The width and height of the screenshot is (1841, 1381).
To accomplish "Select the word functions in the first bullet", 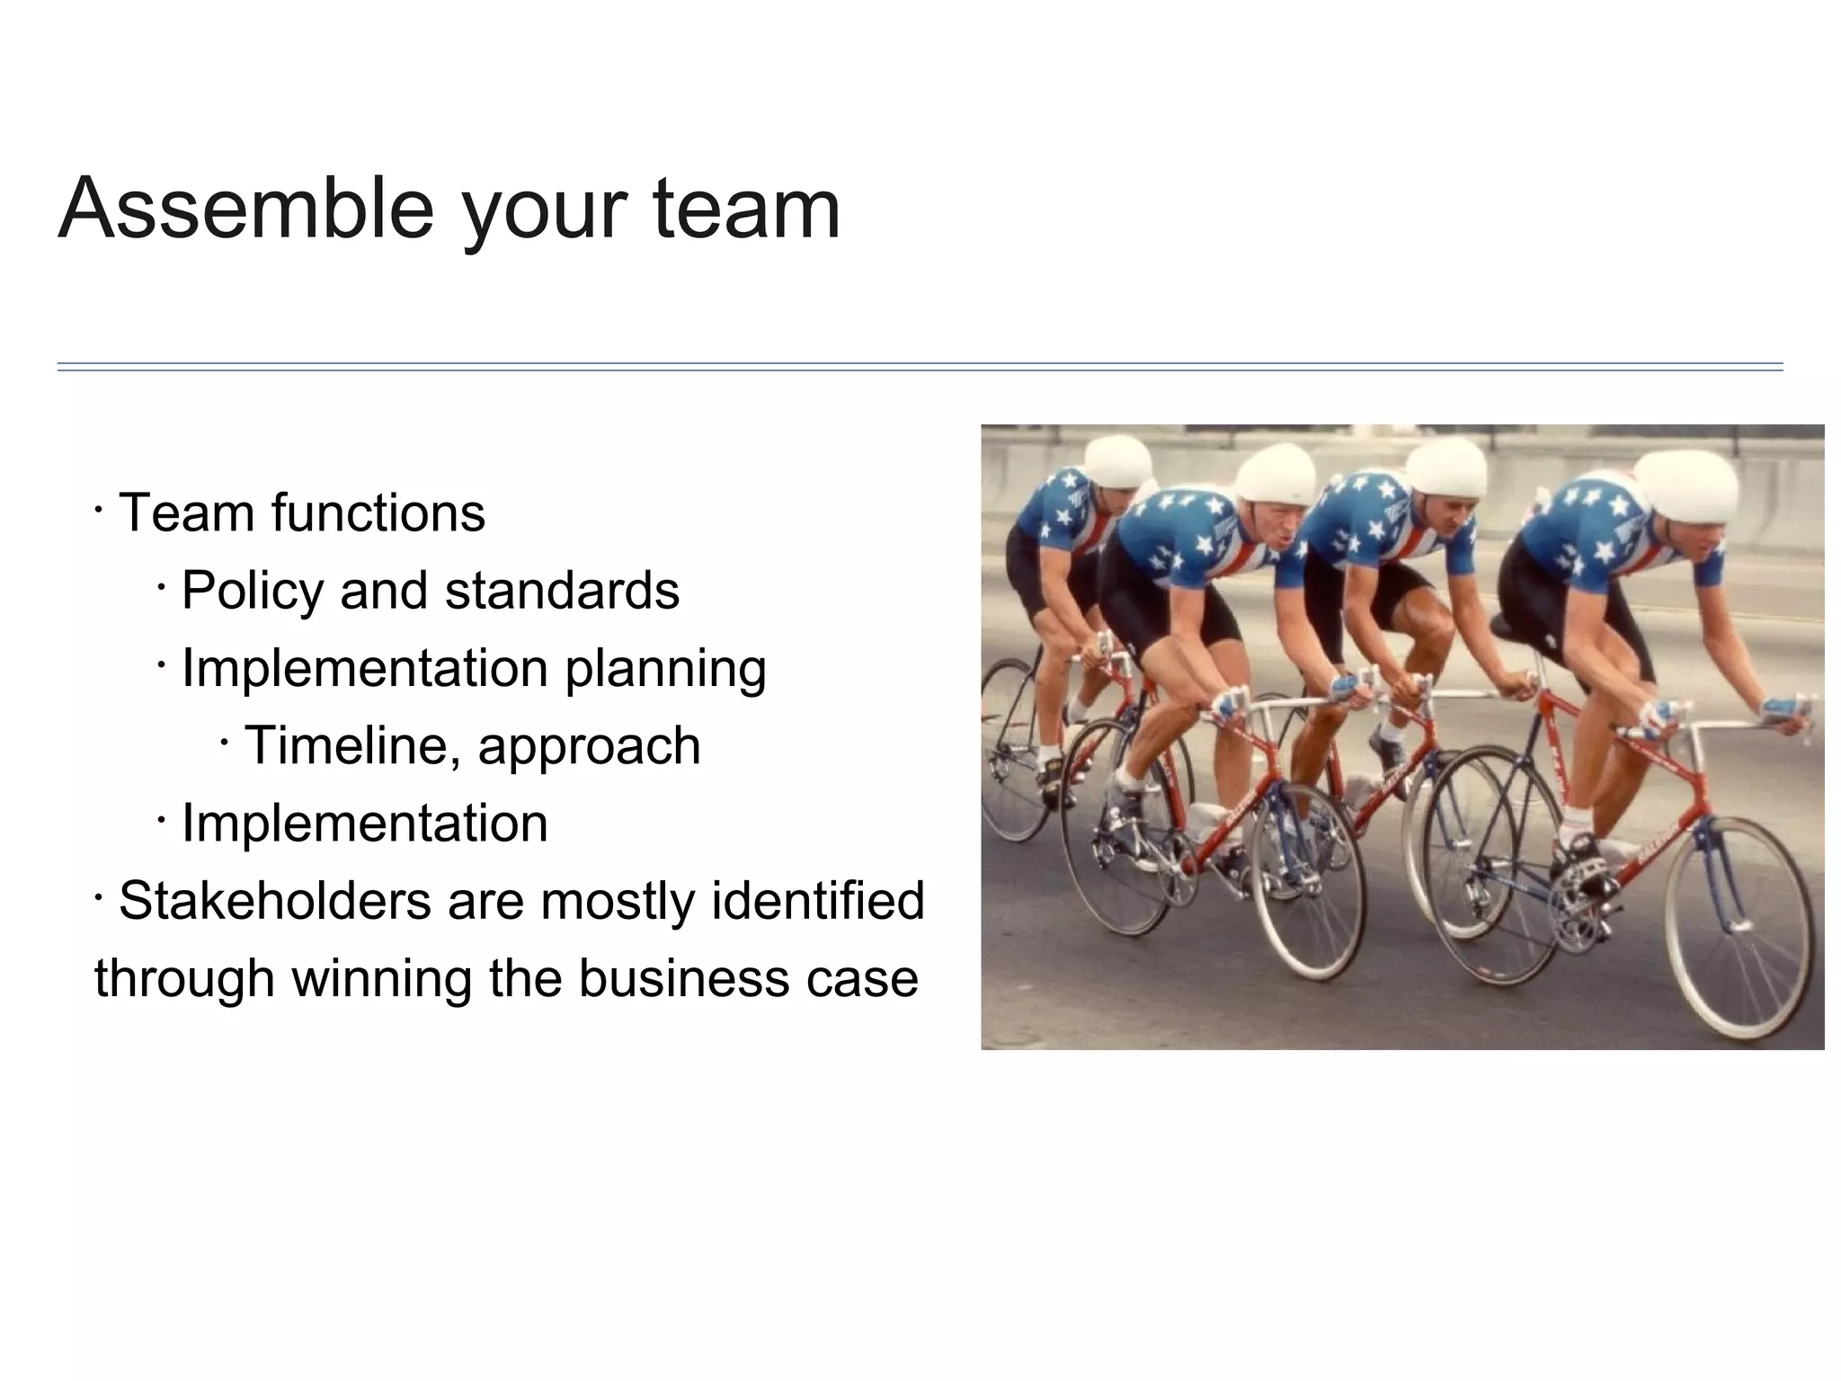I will point(378,512).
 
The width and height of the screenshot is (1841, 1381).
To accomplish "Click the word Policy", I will point(253,591).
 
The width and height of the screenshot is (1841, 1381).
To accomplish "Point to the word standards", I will point(562,591).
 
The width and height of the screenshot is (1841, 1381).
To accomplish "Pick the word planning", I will point(665,670).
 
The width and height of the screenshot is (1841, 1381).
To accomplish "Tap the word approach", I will point(589,747).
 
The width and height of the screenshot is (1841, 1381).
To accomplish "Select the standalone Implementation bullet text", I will point(364,823).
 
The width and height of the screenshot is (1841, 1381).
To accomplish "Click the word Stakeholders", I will point(274,900).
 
